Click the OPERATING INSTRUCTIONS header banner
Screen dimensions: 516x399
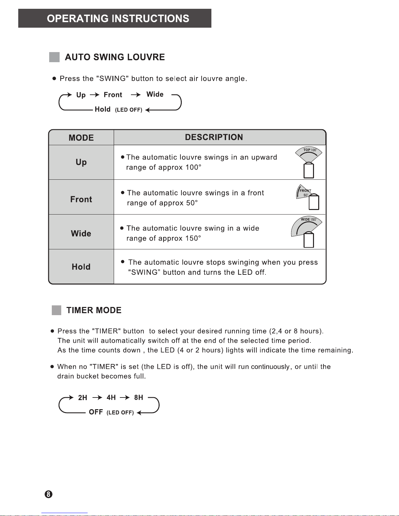point(115,19)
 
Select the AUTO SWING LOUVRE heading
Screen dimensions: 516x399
point(115,57)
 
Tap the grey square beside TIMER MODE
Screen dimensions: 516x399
point(56,310)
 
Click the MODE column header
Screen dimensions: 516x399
point(81,138)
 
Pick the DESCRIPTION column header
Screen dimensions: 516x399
point(214,137)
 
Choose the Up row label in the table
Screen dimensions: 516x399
point(81,162)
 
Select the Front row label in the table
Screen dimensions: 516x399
point(81,199)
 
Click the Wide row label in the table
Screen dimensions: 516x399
point(81,233)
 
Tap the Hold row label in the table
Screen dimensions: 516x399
point(81,267)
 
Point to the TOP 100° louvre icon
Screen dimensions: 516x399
point(308,162)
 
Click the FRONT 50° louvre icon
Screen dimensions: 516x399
point(308,197)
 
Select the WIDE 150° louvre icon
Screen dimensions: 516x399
point(306,232)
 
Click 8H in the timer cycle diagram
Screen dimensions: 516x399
point(138,397)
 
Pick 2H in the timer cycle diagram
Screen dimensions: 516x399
point(83,397)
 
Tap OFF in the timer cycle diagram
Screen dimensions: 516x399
point(96,412)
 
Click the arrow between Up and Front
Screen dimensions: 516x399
point(94,95)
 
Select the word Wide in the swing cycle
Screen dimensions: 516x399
point(155,94)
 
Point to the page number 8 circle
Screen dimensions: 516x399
point(48,494)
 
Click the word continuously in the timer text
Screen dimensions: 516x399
point(270,367)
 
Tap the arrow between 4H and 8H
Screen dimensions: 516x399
point(125,397)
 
